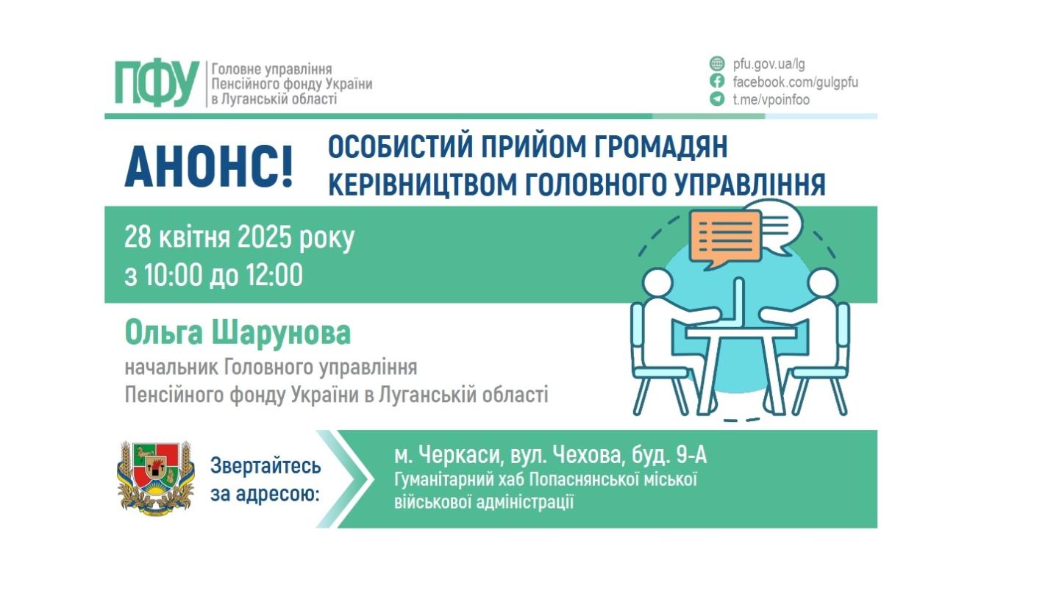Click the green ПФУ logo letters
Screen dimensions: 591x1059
(x=157, y=83)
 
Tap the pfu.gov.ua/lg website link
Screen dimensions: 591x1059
(x=769, y=64)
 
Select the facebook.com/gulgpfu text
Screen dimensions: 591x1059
(x=795, y=82)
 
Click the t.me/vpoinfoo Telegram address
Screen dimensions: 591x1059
(x=771, y=99)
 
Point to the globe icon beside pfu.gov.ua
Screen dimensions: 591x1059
(x=717, y=64)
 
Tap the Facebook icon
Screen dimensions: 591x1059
(x=717, y=82)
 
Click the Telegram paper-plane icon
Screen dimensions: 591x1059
(x=717, y=99)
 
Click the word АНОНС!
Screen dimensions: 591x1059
(x=209, y=167)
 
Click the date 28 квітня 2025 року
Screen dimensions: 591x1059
(x=239, y=238)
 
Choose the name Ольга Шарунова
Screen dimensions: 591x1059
(x=238, y=334)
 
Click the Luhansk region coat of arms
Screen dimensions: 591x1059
(x=154, y=476)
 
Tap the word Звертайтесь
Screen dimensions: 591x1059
(x=265, y=466)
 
